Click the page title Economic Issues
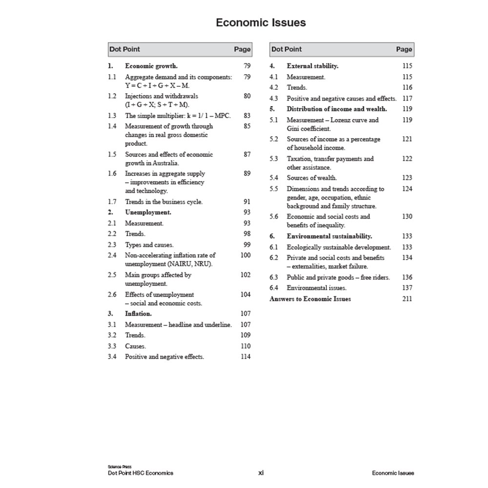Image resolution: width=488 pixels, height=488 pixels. point(261,22)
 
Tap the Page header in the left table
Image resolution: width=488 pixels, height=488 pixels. point(242,49)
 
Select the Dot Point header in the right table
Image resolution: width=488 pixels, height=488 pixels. point(286,49)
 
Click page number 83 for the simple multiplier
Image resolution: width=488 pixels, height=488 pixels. point(247,116)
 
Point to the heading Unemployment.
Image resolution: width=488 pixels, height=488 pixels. point(148,212)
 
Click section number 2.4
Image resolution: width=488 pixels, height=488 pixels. point(112,255)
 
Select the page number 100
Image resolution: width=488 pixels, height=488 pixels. point(245,255)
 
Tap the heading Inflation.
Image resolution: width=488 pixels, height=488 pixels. point(138,314)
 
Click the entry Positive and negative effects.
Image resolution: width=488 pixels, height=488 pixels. point(164,357)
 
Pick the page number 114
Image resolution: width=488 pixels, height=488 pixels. point(245,357)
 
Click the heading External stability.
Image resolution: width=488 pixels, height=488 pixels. point(312,66)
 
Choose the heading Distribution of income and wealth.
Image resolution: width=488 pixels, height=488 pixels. point(337,109)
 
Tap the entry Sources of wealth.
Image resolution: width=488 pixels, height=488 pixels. point(311,178)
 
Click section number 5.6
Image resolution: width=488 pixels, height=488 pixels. point(274,217)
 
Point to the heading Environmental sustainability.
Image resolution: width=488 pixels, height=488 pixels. point(329,236)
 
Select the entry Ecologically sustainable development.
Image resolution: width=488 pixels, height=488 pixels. point(339,247)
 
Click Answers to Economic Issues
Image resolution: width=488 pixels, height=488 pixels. point(310,299)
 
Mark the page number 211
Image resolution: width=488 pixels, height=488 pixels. point(407,299)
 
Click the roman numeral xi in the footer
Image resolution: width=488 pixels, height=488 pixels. point(261,473)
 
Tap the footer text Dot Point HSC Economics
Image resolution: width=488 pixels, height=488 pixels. point(141,473)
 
